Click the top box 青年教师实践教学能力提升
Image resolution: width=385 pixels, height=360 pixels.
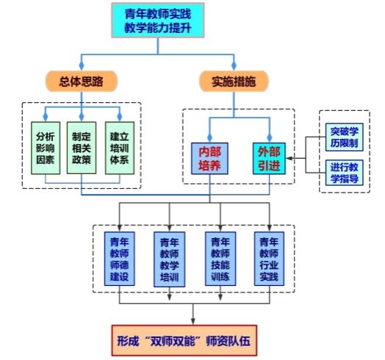pos(158,21)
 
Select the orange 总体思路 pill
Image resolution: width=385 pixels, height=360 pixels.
pos(82,82)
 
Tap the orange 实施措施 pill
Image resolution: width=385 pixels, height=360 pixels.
pos(234,82)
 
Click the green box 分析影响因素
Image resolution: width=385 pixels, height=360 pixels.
pos(46,148)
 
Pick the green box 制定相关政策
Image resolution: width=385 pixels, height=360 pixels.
pos(82,148)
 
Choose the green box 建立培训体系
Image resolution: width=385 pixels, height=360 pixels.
pos(120,148)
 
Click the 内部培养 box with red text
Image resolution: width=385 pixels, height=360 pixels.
pos(209,159)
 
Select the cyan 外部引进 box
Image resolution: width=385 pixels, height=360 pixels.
pos(269,159)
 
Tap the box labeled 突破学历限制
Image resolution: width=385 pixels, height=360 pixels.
pos(345,137)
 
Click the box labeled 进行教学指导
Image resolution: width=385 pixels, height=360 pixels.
pos(345,173)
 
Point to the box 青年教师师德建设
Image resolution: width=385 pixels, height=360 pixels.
pos(120,259)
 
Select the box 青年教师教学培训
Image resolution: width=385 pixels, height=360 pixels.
pos(170,259)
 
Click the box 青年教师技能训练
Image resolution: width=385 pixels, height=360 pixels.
pos(220,259)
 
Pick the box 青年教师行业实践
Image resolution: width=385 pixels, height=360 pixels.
pos(270,259)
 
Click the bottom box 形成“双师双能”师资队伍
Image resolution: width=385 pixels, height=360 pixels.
pos(184,341)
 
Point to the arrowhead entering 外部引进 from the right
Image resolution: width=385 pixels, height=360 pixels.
pos(289,159)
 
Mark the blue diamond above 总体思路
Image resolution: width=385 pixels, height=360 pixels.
pos(82,65)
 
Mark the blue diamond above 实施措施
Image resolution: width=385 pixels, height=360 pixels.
pos(234,65)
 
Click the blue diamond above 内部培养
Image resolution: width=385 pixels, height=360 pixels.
pos(209,137)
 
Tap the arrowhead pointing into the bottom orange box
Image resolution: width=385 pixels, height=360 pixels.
pos(193,321)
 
